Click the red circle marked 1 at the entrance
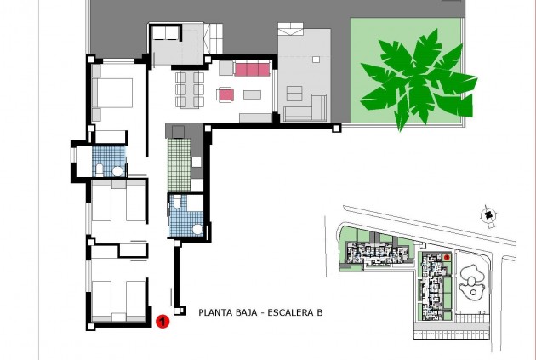coord(163,321)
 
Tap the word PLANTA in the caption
coord(216,312)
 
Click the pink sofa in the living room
coord(252,69)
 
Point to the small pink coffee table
coord(225,95)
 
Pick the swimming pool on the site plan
coord(470,280)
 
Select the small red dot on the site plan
coord(447,257)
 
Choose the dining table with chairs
coord(189,89)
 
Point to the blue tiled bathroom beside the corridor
coord(184,216)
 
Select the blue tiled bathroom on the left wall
coord(108,160)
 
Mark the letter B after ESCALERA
coord(319,312)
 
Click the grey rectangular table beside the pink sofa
coord(253,94)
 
